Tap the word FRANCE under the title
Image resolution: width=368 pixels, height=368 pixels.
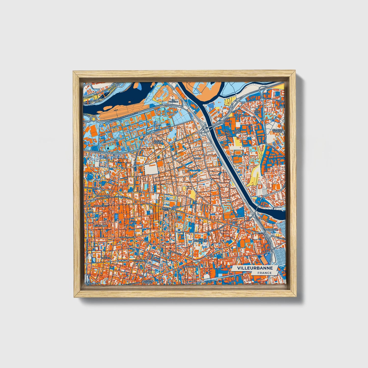[x=264, y=273]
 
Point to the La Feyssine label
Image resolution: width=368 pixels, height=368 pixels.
[x=174, y=100]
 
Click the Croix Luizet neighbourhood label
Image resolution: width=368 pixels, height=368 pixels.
[x=157, y=142]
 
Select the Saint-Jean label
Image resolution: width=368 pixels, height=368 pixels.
[x=237, y=132]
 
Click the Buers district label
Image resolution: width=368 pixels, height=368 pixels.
[x=197, y=158]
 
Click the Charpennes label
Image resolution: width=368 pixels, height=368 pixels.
[x=103, y=196]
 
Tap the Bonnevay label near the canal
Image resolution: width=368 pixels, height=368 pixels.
[x=271, y=229]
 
